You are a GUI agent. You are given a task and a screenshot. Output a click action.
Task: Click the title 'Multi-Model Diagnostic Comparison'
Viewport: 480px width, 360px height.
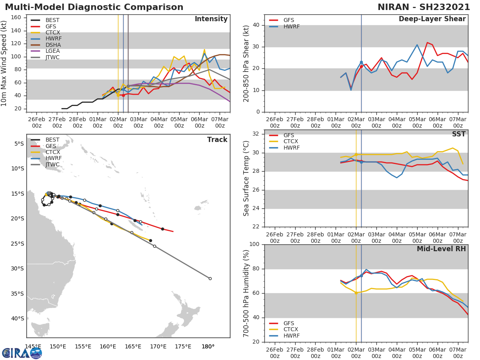click(x=94, y=7)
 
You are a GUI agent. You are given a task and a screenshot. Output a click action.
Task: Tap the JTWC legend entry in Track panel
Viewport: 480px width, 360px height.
click(x=52, y=164)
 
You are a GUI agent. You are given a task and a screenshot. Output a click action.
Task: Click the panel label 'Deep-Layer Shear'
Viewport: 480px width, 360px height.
click(x=432, y=19)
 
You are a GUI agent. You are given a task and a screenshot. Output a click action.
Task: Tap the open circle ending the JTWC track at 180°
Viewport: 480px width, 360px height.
click(x=210, y=278)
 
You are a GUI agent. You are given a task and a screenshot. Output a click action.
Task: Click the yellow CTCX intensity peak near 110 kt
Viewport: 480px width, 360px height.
click(x=204, y=50)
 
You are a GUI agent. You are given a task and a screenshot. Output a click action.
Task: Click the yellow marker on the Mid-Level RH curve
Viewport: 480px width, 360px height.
click(x=356, y=293)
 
